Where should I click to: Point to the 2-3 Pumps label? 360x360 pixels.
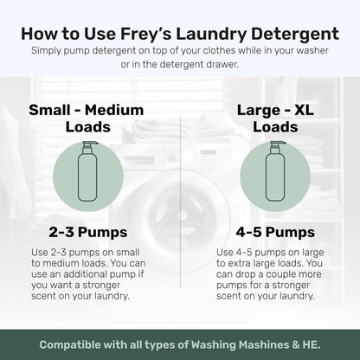(87, 231)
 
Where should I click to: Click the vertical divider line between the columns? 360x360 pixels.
(180, 199)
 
